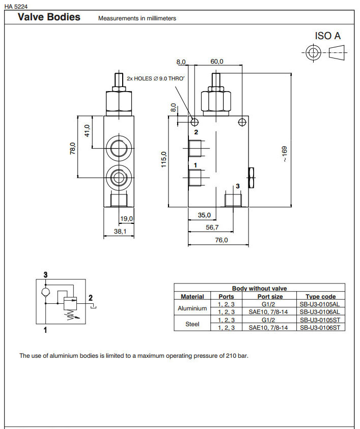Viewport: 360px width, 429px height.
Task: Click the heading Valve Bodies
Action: coord(49,17)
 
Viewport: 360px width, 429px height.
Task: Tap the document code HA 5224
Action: coord(15,6)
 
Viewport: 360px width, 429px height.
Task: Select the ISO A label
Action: coord(327,36)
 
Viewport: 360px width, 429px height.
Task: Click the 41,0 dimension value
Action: coord(87,131)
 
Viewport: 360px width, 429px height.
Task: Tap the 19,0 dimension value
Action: coord(126,218)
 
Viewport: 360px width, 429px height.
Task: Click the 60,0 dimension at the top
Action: coord(217,62)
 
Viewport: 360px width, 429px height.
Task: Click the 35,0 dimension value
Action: coord(204,215)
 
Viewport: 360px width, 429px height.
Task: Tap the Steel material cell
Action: coord(192,324)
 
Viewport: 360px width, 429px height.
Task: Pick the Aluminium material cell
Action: coord(192,308)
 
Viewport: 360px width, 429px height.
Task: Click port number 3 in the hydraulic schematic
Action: coord(46,275)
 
